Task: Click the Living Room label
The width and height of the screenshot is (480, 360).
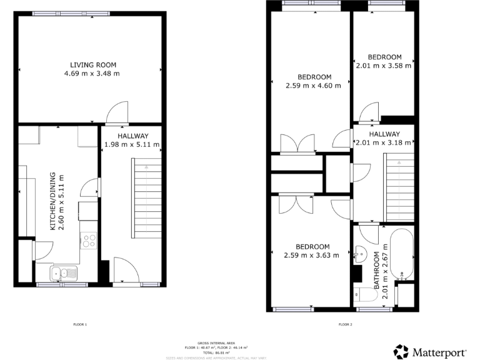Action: point(93,65)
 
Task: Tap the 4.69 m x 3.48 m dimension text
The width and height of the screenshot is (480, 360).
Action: point(92,74)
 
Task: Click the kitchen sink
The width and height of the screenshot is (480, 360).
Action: point(64,272)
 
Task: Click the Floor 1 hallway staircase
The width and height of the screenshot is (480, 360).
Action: point(146,198)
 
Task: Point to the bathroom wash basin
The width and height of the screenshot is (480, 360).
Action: point(360,254)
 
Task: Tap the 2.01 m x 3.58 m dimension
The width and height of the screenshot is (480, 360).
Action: point(384,65)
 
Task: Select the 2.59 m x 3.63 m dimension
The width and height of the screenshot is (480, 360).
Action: point(311,255)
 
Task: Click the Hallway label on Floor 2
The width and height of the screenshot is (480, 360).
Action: point(384,134)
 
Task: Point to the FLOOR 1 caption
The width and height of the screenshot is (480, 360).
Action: point(80,324)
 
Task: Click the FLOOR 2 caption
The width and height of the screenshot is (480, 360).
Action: point(346,324)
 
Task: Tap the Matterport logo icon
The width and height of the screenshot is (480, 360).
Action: point(401,352)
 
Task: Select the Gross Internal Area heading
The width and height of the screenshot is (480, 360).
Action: point(215,343)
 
